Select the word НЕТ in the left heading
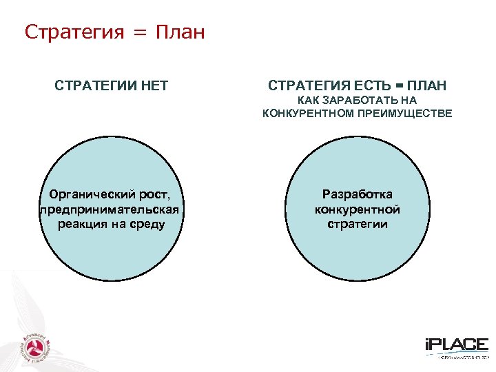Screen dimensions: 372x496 coord(153,85)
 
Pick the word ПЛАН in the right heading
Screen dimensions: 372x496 coord(426,85)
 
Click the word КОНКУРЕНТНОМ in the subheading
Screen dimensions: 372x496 coord(307,113)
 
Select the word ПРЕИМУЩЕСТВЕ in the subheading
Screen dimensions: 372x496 coord(404,113)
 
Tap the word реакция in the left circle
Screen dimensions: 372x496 coord(82,224)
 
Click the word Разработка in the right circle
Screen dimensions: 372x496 coord(358,196)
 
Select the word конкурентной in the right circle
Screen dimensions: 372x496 coord(358,209)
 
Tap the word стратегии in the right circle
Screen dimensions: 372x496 coord(358,224)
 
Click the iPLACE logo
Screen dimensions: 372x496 coord(456,347)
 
